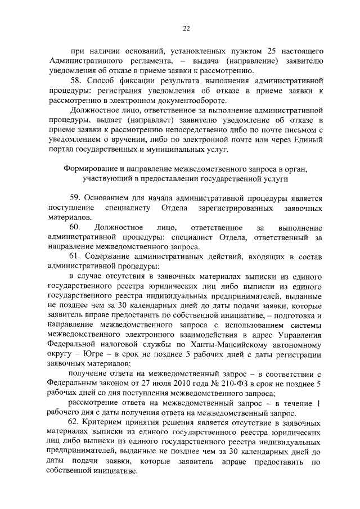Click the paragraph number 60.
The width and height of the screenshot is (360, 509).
(75, 228)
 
